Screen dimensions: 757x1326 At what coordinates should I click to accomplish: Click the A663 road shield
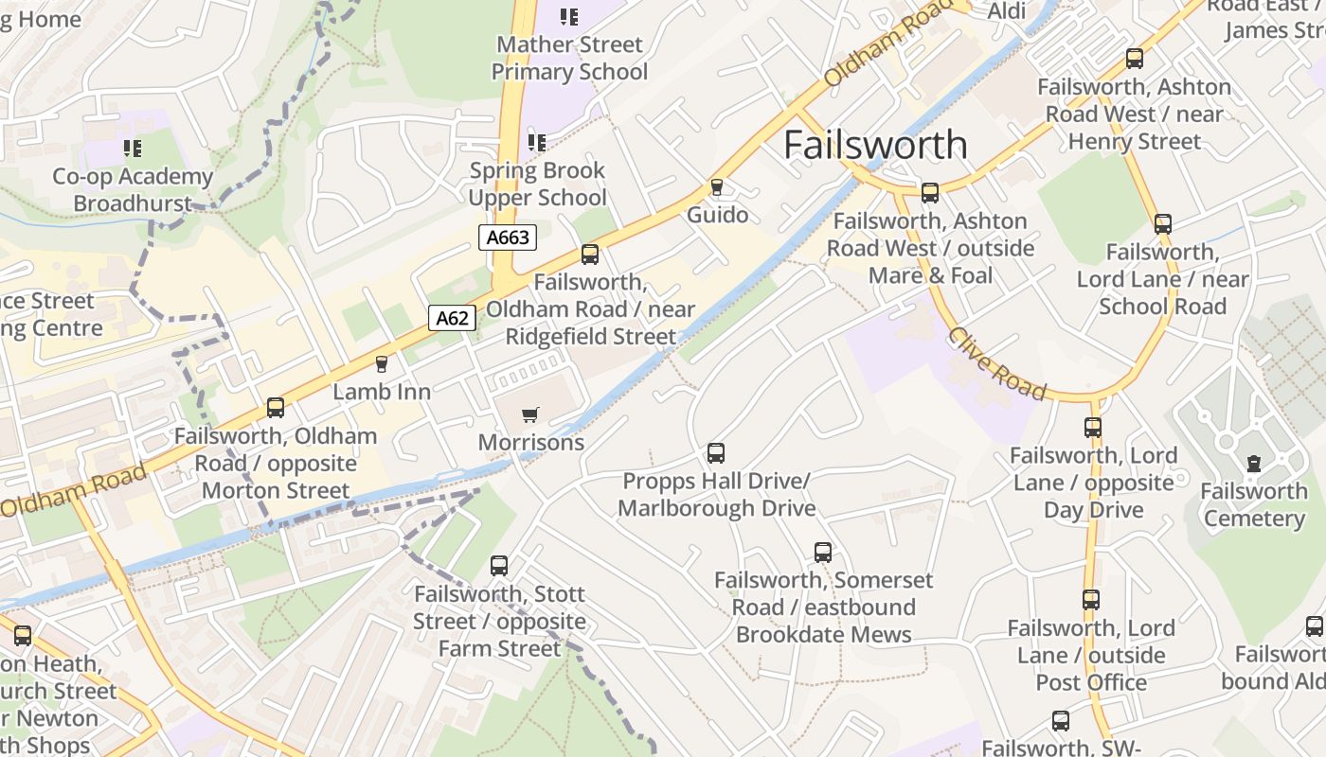507,238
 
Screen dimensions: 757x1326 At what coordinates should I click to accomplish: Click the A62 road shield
452,318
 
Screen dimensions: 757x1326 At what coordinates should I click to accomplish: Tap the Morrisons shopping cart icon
530,414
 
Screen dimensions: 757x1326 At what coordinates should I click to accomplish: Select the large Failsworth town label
876,145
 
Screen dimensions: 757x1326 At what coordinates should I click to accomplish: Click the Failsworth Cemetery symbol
1254,464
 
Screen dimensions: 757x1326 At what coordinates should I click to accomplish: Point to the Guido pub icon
717,187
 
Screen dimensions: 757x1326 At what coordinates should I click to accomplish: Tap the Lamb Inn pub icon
382,364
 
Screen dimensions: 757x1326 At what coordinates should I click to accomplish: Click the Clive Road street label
997,364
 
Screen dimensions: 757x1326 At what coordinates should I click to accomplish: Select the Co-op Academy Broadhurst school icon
133,149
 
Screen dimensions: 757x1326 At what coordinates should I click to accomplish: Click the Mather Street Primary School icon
568,16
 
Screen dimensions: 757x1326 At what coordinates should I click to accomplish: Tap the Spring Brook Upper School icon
537,143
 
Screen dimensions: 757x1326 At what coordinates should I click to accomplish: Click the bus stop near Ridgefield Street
590,255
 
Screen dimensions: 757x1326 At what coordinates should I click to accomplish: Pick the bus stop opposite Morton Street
276,408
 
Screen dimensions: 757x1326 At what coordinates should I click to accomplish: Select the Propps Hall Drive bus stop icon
716,453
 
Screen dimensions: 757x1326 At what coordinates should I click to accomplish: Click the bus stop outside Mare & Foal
930,193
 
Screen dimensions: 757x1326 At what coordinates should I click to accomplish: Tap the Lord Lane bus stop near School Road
1163,224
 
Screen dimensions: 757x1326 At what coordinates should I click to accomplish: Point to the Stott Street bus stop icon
499,566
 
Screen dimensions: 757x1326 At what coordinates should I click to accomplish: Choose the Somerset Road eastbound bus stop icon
823,552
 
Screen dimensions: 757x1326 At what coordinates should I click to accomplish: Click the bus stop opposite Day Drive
1093,427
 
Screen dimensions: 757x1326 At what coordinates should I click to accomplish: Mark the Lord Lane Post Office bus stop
1091,600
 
